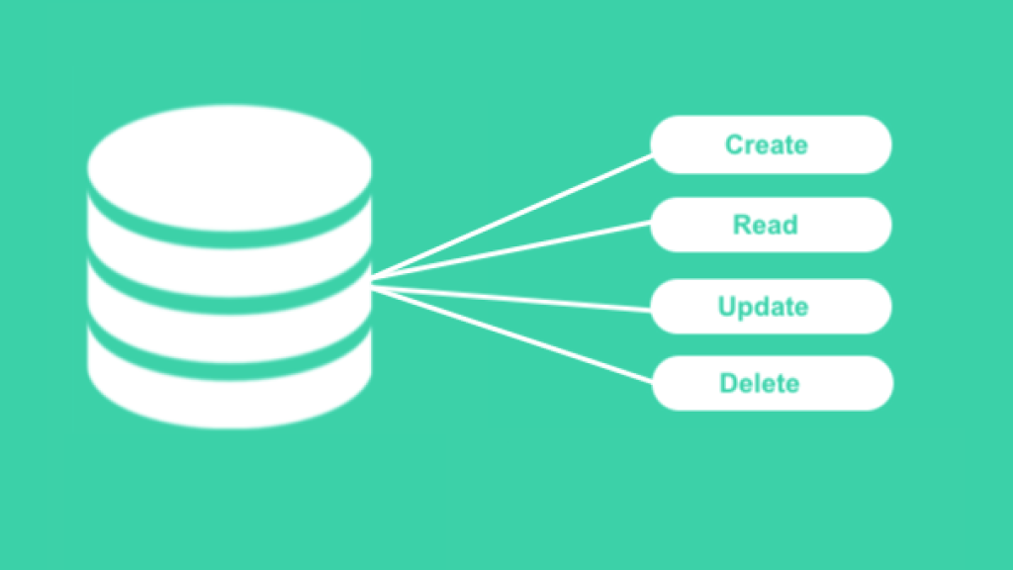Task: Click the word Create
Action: pos(767,144)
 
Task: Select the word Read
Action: pos(766,225)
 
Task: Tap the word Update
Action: pos(763,307)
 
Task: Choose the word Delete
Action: pos(760,383)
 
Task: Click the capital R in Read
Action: pos(742,225)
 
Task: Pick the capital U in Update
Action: pos(727,307)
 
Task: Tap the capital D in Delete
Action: pos(729,383)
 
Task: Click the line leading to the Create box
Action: pos(511,217)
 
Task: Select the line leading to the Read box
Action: pos(511,251)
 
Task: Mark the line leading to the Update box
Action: pos(511,299)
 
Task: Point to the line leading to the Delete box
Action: pos(511,335)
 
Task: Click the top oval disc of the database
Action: pos(230,167)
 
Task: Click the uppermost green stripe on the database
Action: pos(230,239)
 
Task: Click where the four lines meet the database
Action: pos(372,284)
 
